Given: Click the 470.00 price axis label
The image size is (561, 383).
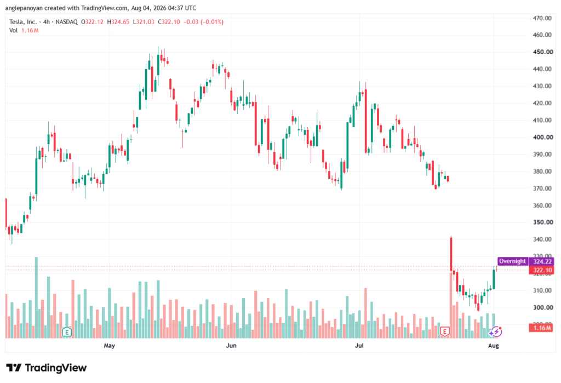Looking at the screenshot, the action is click(x=542, y=18).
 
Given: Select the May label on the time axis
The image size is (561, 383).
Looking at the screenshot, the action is click(x=109, y=345).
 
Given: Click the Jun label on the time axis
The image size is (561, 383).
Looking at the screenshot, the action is click(x=231, y=345).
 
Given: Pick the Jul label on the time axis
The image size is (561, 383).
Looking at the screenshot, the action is click(x=359, y=345).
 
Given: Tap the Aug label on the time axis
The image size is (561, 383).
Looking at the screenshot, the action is click(x=494, y=345).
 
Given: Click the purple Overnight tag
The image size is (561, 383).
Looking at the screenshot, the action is click(x=513, y=261).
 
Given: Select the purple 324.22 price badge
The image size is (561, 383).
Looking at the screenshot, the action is click(x=542, y=262).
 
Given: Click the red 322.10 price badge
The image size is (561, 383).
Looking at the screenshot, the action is click(x=542, y=270).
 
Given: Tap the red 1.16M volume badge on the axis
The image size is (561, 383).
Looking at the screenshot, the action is click(x=542, y=328).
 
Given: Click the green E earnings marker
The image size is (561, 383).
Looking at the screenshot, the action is click(x=67, y=332).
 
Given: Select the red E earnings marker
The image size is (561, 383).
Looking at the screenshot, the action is click(x=445, y=332).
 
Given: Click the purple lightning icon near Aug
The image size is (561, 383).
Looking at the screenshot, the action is click(x=495, y=332).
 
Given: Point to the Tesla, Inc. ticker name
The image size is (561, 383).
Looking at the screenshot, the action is click(x=23, y=22).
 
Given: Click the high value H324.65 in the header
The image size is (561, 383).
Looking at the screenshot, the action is click(x=118, y=22).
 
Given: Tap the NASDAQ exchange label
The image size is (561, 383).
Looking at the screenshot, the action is click(x=66, y=22).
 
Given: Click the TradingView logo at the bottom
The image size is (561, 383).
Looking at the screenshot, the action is click(x=47, y=368).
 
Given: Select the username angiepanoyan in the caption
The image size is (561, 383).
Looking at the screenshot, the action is click(x=24, y=8).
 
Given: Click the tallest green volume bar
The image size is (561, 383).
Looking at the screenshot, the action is click(x=36, y=298).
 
